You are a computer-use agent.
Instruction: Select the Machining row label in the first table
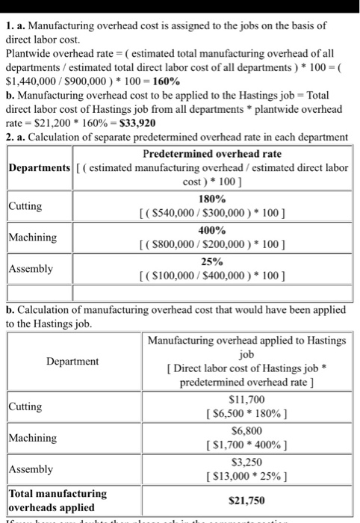34,238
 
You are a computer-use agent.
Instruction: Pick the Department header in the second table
72,361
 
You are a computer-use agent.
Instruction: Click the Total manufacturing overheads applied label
58,499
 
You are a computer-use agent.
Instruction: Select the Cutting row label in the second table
26,406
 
